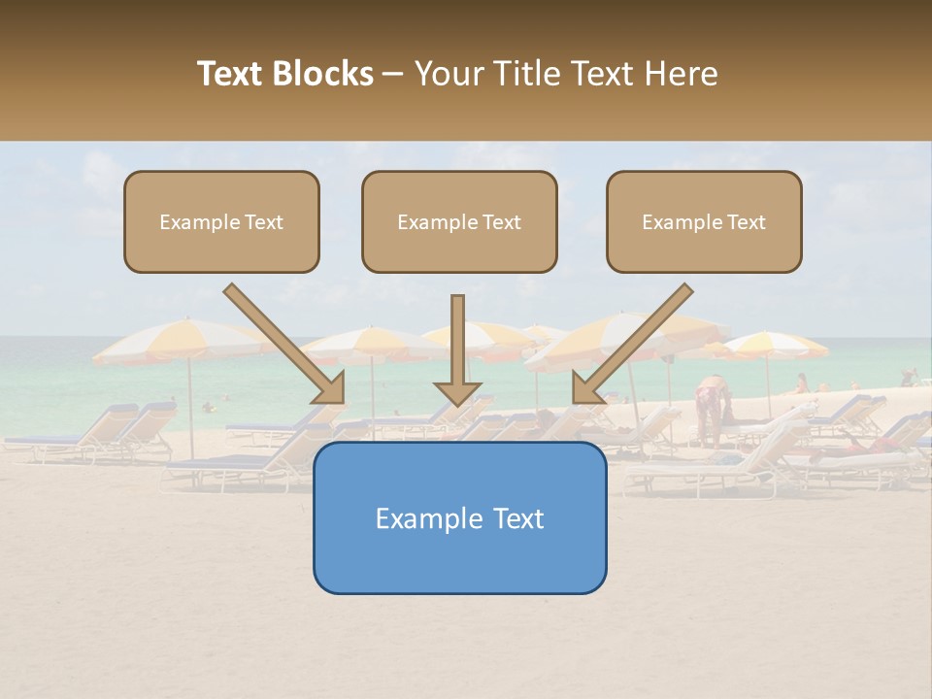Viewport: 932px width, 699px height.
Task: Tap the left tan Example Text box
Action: coord(221,221)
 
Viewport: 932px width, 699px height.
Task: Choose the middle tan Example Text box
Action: coord(459,221)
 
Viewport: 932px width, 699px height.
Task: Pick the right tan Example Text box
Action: coord(704,221)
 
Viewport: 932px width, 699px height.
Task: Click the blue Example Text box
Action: coord(459,517)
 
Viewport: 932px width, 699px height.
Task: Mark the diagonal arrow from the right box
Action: coord(632,343)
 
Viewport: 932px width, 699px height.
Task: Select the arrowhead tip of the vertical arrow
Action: coord(457,402)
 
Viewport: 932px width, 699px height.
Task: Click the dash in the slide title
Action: coord(393,75)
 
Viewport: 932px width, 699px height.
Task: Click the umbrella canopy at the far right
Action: coord(777,345)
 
